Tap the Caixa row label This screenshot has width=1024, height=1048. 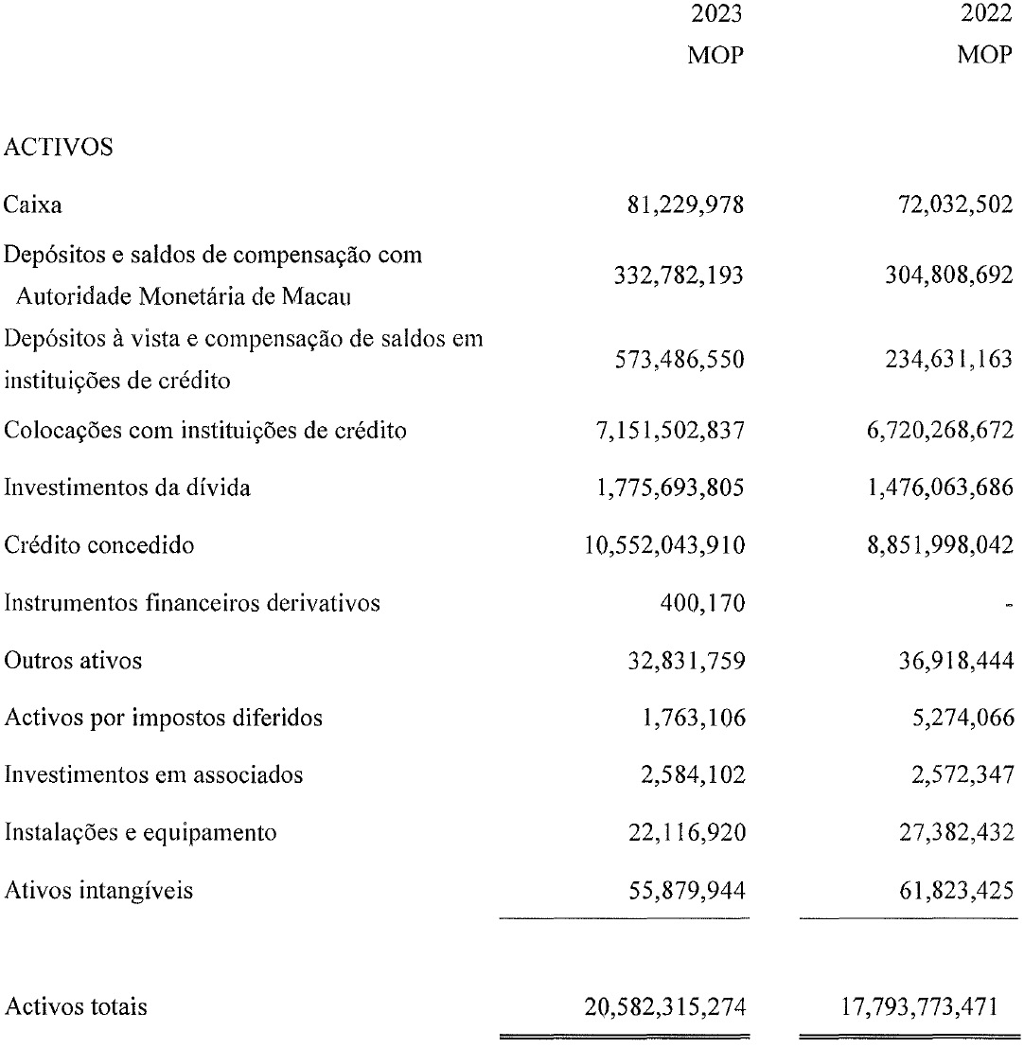point(27,204)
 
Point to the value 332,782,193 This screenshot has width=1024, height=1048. point(673,276)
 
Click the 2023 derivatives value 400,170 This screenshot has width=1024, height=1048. point(706,603)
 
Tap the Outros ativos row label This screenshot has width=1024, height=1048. point(73,660)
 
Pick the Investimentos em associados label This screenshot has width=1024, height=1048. point(153,774)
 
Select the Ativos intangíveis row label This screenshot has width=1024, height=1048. point(98,890)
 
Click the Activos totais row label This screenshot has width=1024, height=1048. point(76,1007)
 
